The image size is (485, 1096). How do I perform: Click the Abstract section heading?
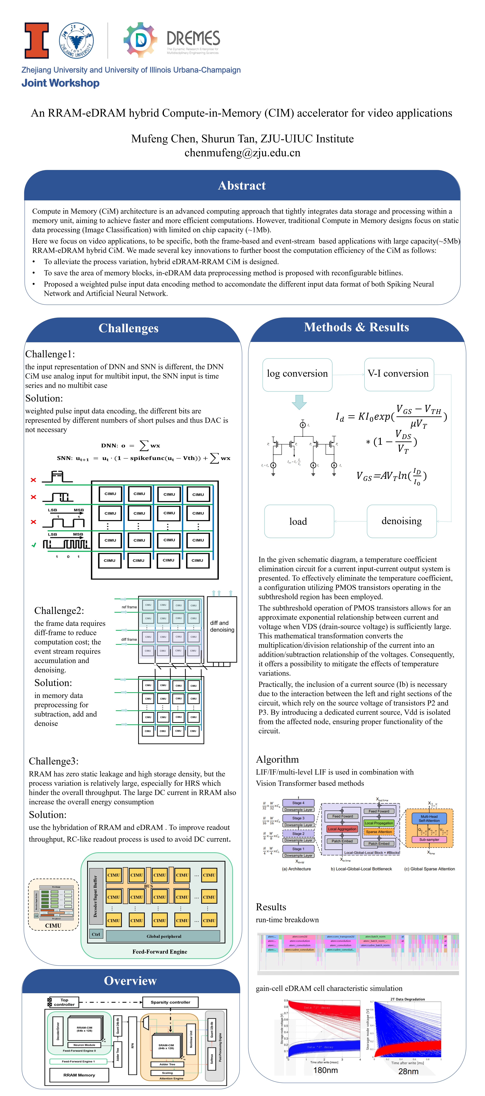[x=242, y=186]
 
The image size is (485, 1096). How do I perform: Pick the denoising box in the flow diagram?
[x=402, y=521]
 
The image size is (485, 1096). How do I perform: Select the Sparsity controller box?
[x=170, y=1002]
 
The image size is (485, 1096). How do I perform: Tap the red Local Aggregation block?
[x=342, y=829]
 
